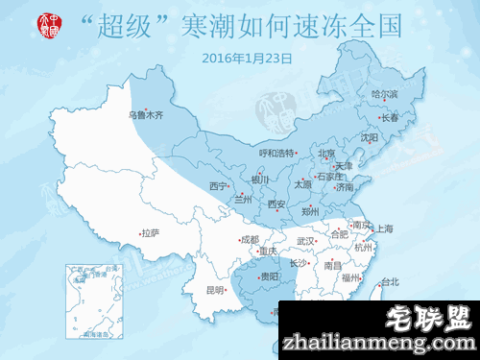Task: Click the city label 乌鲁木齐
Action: point(146,115)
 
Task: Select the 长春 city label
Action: point(391,118)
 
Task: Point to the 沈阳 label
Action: point(370,137)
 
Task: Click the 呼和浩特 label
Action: point(277,153)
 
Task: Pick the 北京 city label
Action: point(326,153)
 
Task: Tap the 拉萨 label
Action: point(149,232)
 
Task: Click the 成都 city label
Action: point(250,239)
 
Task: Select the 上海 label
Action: point(385,228)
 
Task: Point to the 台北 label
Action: point(389,281)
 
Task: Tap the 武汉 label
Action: point(306,240)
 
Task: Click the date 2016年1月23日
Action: point(247,58)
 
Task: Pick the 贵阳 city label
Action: point(271,276)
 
